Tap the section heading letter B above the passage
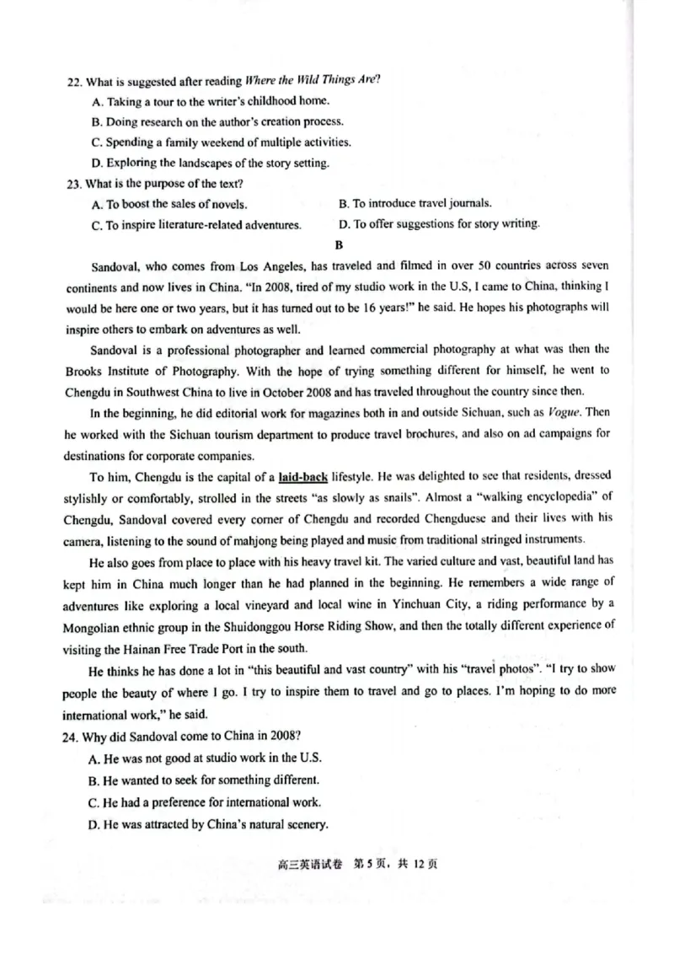click(x=340, y=246)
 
